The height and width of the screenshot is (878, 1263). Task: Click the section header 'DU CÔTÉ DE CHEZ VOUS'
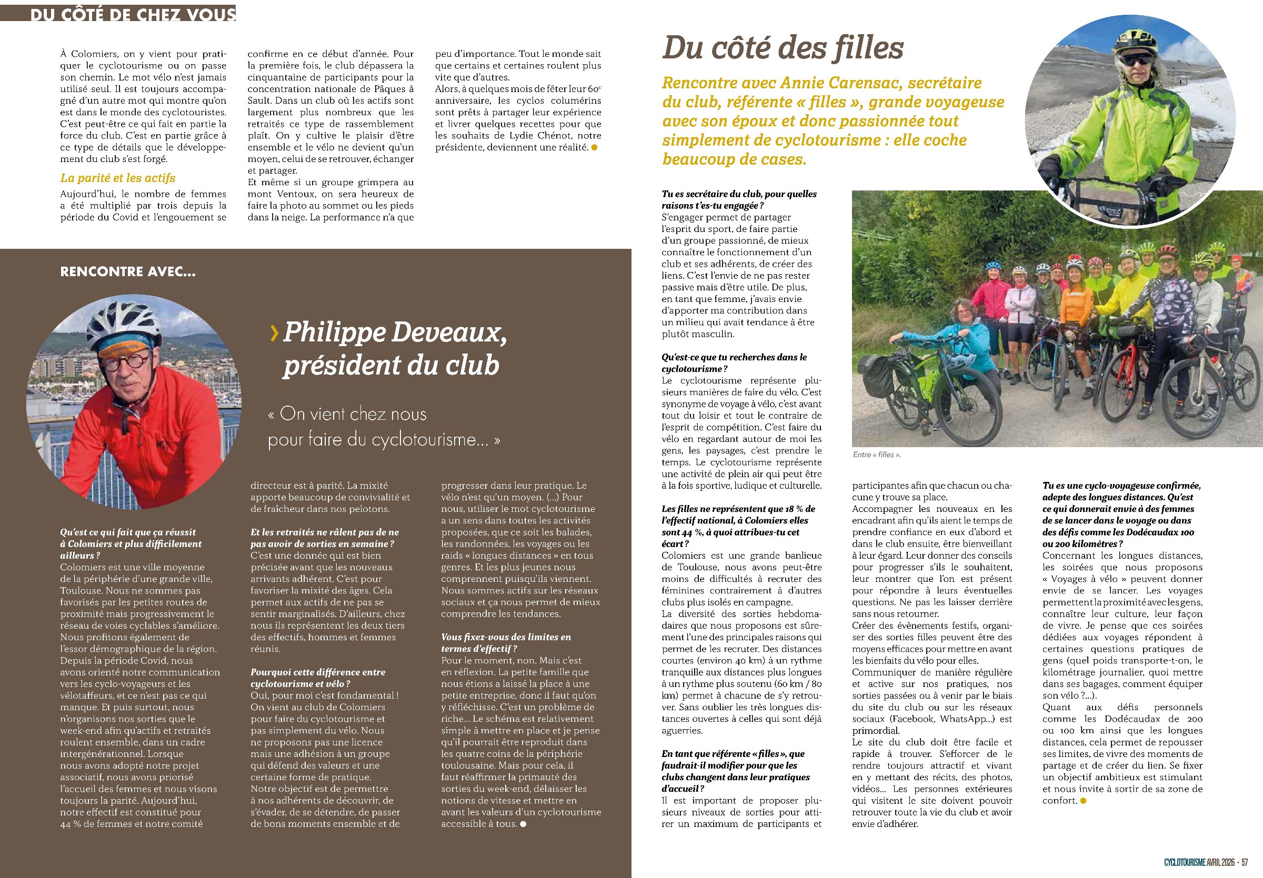click(x=133, y=14)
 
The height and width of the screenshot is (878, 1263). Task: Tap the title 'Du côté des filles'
click(x=783, y=48)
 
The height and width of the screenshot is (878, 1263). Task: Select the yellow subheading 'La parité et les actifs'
click(x=118, y=178)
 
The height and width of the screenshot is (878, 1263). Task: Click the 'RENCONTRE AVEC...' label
click(x=128, y=271)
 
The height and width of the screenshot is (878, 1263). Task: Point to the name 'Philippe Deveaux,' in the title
click(x=394, y=332)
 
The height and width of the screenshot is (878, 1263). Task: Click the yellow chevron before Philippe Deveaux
click(x=274, y=333)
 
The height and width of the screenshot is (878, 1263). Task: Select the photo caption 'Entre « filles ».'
click(x=877, y=455)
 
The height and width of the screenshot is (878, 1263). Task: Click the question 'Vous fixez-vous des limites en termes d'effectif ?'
click(x=506, y=643)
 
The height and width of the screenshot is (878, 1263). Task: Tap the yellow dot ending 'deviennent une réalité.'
click(x=594, y=147)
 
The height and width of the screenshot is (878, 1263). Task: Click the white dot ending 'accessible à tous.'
click(x=523, y=824)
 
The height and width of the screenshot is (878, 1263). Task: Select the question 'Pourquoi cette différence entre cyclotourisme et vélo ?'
click(x=317, y=678)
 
